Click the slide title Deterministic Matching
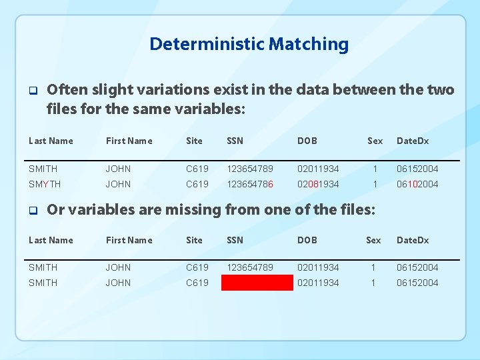(x=249, y=45)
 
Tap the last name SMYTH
(x=45, y=184)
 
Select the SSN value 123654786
(x=250, y=184)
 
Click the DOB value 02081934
(x=318, y=184)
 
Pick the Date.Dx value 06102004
(x=417, y=184)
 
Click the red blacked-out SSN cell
(x=257, y=283)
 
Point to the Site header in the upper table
(x=194, y=141)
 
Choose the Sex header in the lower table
(x=373, y=240)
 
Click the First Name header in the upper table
(x=129, y=141)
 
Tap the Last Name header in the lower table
(x=51, y=240)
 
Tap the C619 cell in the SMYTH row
(x=197, y=184)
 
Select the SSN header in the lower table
(x=235, y=240)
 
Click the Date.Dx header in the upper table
(x=413, y=141)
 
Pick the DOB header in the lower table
(x=307, y=240)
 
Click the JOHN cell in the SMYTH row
(x=118, y=184)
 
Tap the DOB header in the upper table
(x=307, y=141)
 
